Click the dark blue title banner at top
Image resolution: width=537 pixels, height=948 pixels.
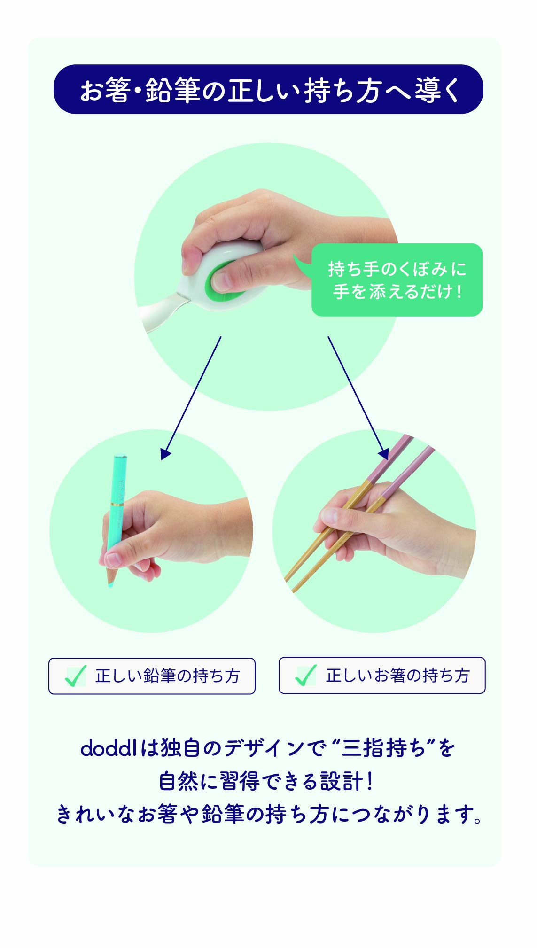pyautogui.click(x=268, y=89)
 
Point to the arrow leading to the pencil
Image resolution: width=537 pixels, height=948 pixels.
pyautogui.click(x=191, y=397)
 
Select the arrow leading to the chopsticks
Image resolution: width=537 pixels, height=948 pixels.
pyautogui.click(x=358, y=397)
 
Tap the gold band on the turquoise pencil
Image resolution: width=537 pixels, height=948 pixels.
pyautogui.click(x=117, y=504)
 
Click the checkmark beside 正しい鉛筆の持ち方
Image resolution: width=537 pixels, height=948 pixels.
pyautogui.click(x=75, y=676)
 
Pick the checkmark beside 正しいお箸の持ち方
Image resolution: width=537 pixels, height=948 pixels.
pyautogui.click(x=305, y=676)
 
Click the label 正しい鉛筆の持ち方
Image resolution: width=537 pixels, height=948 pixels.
pyautogui.click(x=168, y=676)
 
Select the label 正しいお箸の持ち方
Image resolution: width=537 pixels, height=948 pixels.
pyautogui.click(x=398, y=676)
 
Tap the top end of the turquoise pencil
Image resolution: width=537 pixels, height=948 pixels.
pyautogui.click(x=120, y=456)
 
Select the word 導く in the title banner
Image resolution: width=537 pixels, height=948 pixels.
pyautogui.click(x=437, y=90)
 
